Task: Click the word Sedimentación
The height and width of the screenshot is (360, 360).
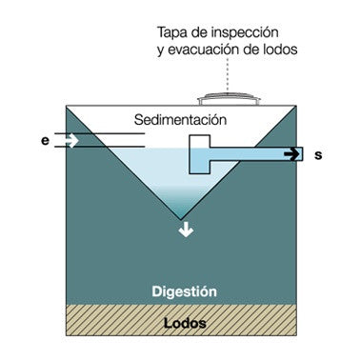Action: [x=180, y=120]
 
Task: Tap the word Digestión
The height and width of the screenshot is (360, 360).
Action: [x=184, y=291]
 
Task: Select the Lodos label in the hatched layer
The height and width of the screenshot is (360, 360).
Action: [x=185, y=324]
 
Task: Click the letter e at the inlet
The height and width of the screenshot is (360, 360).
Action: [x=45, y=141]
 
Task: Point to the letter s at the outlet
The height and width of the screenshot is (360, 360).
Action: [x=318, y=155]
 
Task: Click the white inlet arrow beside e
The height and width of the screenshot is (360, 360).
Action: [x=71, y=140]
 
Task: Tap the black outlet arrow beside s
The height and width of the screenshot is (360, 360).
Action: [x=291, y=154]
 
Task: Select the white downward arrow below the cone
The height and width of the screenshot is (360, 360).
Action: [x=186, y=230]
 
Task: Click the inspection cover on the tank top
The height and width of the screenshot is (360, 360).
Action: [x=229, y=99]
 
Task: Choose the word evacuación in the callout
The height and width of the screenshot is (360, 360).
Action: [x=203, y=50]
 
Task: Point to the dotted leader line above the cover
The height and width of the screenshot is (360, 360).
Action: [x=228, y=74]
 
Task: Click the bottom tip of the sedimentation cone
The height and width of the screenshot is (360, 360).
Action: [x=181, y=219]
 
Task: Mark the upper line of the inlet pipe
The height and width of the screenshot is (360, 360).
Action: [x=100, y=133]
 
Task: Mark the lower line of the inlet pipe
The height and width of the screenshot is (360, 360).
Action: [x=100, y=147]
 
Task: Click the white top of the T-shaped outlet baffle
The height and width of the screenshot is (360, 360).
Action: [x=200, y=142]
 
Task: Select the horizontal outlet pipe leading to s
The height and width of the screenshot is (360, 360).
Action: [x=256, y=154]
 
